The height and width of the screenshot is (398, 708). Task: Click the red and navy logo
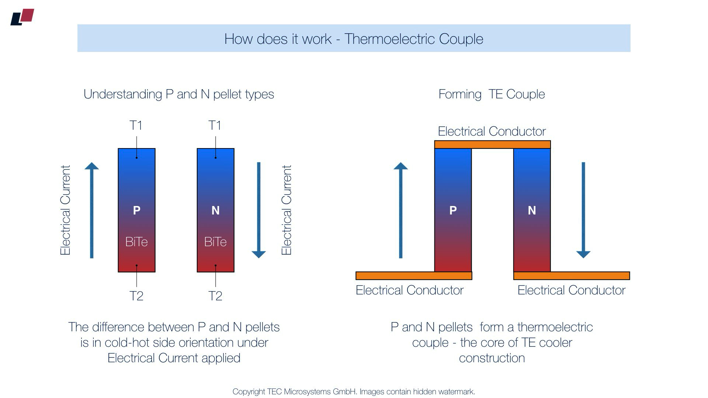point(22,17)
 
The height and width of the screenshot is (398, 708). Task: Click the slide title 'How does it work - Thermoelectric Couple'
point(354,39)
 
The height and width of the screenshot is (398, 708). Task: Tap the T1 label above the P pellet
point(136,125)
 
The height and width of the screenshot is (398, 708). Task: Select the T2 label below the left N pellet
point(215,296)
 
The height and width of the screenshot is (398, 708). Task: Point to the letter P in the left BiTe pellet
point(136,210)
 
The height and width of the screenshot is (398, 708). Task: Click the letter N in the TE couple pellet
point(532,210)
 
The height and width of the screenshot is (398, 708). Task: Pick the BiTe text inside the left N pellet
point(215,242)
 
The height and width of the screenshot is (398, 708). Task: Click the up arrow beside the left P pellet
point(92,210)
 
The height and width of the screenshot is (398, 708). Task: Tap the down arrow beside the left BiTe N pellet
point(258,210)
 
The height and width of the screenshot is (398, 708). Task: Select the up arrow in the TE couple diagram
point(401,210)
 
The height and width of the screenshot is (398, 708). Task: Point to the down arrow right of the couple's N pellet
point(583,210)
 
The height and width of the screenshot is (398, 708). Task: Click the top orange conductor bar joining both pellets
point(492,144)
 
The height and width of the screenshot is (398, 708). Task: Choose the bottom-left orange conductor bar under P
point(414,276)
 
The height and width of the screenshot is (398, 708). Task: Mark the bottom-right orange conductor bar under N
point(572,276)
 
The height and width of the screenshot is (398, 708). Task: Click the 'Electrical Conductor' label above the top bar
point(492,131)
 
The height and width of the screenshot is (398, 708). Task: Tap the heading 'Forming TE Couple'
point(492,94)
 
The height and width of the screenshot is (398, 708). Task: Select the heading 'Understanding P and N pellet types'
point(179,94)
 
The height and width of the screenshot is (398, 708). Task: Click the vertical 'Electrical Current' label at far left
point(65,210)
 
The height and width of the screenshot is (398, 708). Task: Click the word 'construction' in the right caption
point(492,358)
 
